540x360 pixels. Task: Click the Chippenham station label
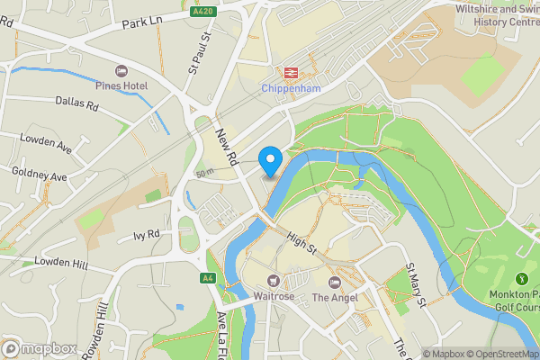(x=292, y=88)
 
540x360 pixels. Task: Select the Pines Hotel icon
(x=122, y=70)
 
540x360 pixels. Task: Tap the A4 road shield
(x=208, y=278)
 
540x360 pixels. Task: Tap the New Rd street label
(x=225, y=145)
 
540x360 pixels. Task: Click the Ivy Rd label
(x=145, y=235)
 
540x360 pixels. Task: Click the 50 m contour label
(x=204, y=172)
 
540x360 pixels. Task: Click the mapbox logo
(x=40, y=348)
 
